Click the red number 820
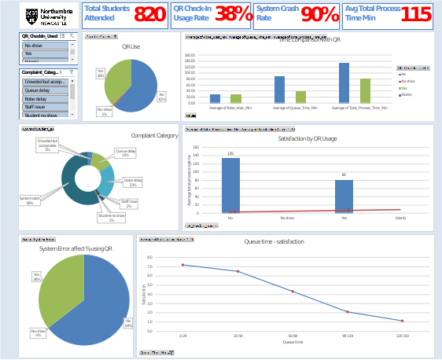click(x=149, y=14)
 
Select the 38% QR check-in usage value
click(x=233, y=14)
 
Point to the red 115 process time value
click(x=415, y=14)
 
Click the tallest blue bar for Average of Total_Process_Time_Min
click(x=344, y=83)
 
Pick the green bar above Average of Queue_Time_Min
click(x=300, y=97)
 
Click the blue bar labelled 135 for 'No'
click(x=230, y=185)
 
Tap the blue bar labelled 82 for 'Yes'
click(x=344, y=196)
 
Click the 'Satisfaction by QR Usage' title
click(x=308, y=138)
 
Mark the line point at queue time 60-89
click(x=293, y=292)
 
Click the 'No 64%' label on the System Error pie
click(x=127, y=322)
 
